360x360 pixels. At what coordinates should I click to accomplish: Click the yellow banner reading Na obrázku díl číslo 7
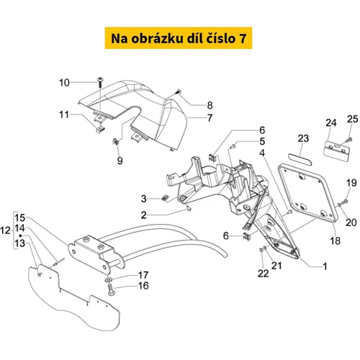tap(179, 38)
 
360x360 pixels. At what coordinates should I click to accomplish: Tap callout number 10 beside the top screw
tap(64, 83)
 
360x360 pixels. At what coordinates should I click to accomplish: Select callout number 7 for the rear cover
tap(210, 118)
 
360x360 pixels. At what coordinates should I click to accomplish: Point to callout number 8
tap(210, 105)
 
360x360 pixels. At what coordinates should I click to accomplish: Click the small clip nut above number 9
tap(116, 141)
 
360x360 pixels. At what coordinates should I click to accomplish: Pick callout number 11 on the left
tap(64, 114)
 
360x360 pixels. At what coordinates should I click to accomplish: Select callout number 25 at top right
tap(353, 119)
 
